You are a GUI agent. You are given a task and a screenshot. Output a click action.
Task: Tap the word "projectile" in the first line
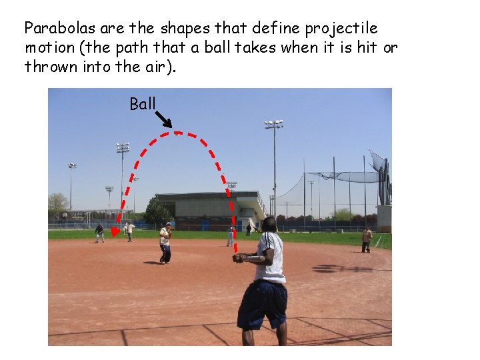(341, 29)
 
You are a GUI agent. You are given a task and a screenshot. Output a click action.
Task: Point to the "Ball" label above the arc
(142, 104)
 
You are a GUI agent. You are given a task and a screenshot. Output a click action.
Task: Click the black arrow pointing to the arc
(163, 119)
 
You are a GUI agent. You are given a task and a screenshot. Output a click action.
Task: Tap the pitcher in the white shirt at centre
(165, 243)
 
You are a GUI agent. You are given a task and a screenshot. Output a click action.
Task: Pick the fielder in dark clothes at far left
(99, 232)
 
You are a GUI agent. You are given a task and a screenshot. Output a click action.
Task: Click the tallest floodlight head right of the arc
(273, 124)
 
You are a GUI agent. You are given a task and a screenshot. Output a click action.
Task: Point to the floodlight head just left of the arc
(123, 147)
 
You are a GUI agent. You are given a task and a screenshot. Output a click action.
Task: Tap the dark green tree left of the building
(157, 212)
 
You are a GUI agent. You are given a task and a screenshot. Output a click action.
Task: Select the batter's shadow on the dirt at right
(340, 269)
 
